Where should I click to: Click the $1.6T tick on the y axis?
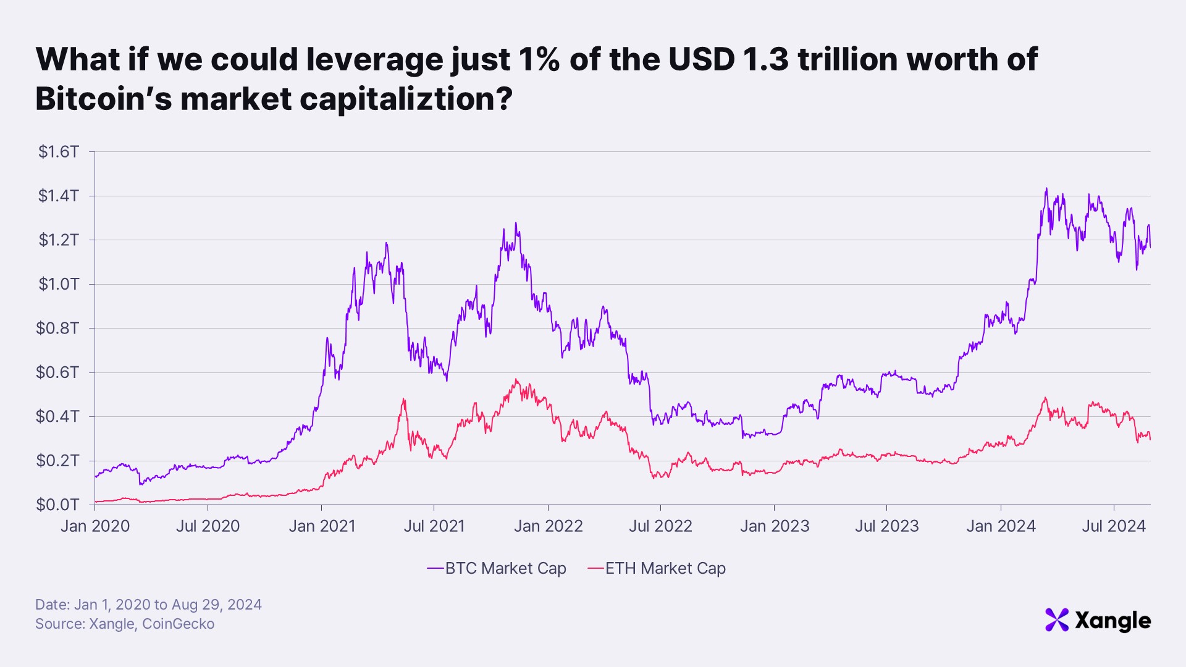tap(59, 152)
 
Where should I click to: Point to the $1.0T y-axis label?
tap(59, 284)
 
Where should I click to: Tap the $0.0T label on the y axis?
tap(57, 505)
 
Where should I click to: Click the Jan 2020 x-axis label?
tap(95, 526)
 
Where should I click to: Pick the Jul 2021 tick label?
tap(434, 526)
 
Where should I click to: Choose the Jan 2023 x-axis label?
tap(775, 526)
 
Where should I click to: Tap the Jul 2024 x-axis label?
tap(1114, 526)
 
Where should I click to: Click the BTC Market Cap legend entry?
tap(497, 568)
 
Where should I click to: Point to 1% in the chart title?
tap(539, 59)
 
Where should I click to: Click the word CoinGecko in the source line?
tap(178, 624)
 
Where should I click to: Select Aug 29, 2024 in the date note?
tap(216, 605)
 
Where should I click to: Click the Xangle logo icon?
tap(1056, 620)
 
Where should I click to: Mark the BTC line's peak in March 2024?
tap(1046, 189)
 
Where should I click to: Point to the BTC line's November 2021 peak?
tap(516, 224)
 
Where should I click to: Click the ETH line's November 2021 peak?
tap(516, 380)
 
